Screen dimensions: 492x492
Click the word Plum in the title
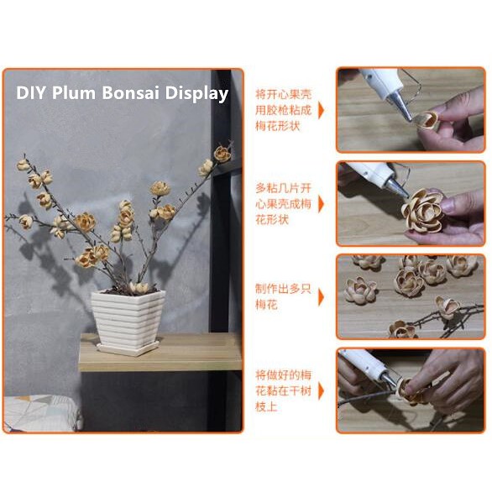74,93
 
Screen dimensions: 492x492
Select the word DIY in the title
31,93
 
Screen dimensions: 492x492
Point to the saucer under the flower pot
128,349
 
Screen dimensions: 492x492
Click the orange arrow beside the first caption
321,110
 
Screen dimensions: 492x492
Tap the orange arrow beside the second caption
321,204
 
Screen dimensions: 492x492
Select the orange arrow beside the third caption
321,297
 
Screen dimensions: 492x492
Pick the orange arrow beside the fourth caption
321,391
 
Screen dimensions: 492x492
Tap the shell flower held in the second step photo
422,210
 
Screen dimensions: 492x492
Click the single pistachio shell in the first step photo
427,120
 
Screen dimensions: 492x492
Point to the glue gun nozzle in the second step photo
397,186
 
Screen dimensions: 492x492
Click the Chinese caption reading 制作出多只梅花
283,296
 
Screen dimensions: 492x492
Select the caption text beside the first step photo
283,110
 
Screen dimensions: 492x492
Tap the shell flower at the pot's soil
139,287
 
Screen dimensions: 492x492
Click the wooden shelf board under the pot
160,352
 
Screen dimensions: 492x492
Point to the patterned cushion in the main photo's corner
41,412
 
